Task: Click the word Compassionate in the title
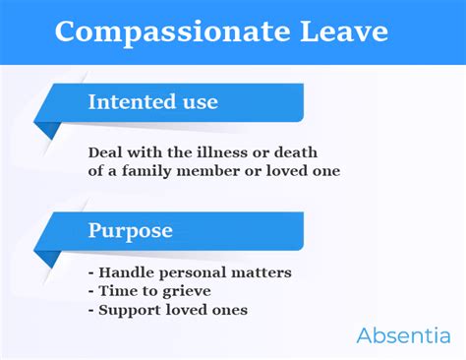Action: pyautogui.click(x=158, y=31)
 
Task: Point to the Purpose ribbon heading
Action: pyautogui.click(x=131, y=231)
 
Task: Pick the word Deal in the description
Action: pyautogui.click(x=105, y=152)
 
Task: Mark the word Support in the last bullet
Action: pyautogui.click(x=128, y=310)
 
